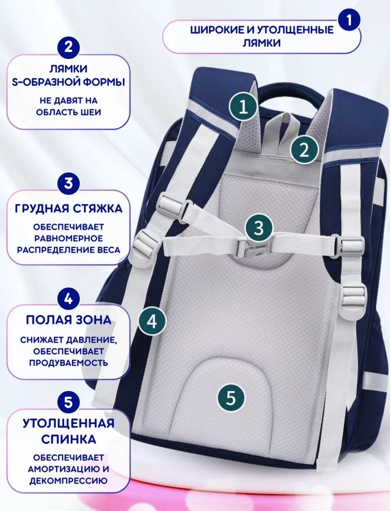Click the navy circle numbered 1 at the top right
(x=349, y=20)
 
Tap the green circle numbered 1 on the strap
(x=243, y=107)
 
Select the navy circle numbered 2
(x=68, y=48)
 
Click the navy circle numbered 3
(x=68, y=183)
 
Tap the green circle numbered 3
(x=259, y=228)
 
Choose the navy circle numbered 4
(x=68, y=299)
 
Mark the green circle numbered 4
(x=152, y=321)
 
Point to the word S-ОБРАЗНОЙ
(x=45, y=82)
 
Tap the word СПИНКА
(x=69, y=439)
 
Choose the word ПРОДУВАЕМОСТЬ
(x=68, y=363)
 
